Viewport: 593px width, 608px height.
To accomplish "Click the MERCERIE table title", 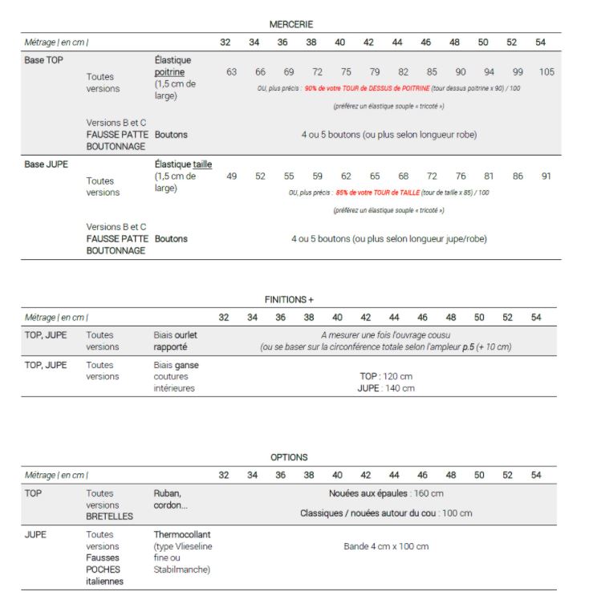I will pos(290,25).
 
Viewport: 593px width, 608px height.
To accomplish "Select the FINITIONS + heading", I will pos(289,299).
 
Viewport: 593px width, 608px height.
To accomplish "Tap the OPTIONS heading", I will pos(289,457).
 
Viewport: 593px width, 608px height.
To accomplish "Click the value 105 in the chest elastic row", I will pos(546,72).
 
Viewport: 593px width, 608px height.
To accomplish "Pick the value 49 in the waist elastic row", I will pos(232,176).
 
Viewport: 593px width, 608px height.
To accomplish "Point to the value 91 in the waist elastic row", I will pos(546,176).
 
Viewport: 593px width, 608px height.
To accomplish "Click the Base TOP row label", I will pos(44,60).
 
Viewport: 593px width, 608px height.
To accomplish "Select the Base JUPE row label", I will pos(46,164).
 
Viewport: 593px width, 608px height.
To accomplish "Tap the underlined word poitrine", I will pos(169,72).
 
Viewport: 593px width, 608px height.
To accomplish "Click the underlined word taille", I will pos(202,164).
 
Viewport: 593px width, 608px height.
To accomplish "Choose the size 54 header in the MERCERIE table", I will pos(541,42).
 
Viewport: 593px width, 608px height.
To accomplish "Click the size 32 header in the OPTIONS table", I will pos(224,475).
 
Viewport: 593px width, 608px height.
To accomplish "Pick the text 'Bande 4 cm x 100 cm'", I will pos(386,546).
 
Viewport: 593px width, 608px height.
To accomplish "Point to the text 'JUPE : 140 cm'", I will pos(386,388).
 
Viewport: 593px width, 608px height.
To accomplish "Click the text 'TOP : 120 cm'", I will pos(386,375).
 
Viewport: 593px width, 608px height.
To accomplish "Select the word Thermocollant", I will pos(182,534).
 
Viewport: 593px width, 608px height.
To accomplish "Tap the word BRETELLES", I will pos(110,517).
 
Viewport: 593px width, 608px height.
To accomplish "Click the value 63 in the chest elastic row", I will pos(232,72).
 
